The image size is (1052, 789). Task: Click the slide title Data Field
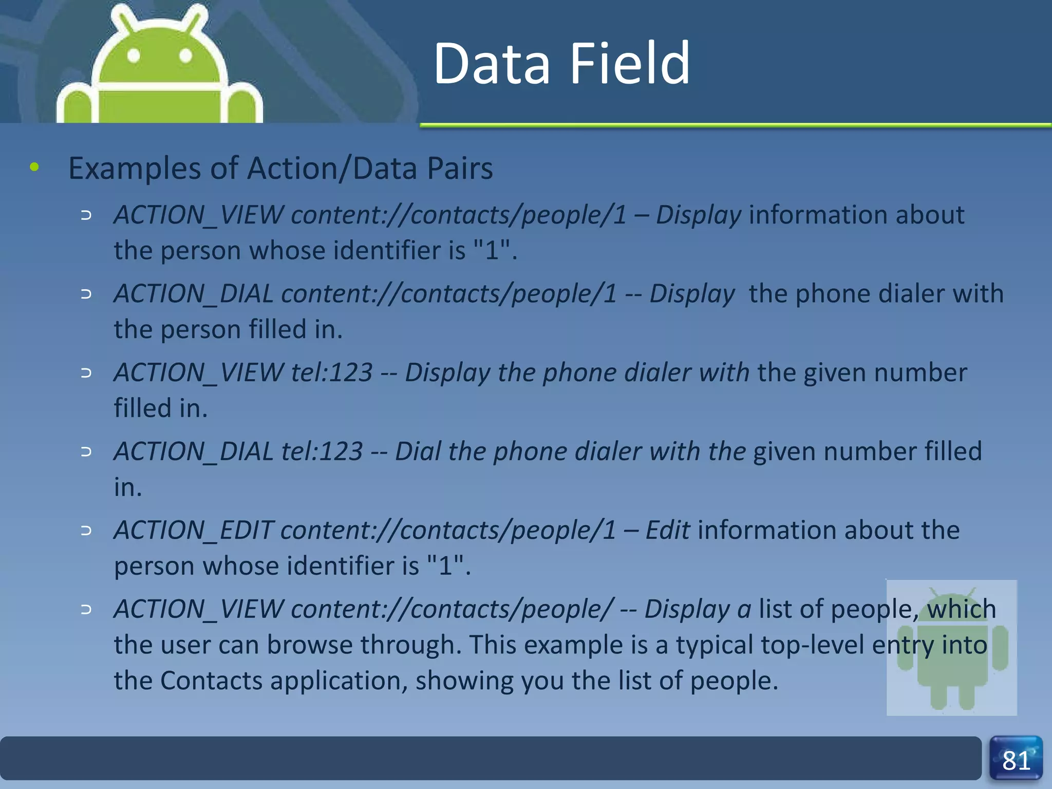pyautogui.click(x=561, y=64)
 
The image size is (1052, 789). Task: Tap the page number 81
pyautogui.click(x=1016, y=761)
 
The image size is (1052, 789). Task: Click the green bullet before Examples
pyautogui.click(x=34, y=167)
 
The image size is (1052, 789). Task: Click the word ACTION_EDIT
pyautogui.click(x=194, y=530)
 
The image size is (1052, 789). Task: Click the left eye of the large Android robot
pyautogui.click(x=133, y=55)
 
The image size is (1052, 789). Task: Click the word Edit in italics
pyautogui.click(x=667, y=530)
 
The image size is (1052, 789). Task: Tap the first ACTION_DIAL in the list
pyautogui.click(x=194, y=294)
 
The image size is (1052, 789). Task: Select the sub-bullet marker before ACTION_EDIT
pyautogui.click(x=86, y=530)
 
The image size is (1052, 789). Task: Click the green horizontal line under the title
pyautogui.click(x=735, y=125)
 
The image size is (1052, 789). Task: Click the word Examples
pyautogui.click(x=135, y=168)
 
